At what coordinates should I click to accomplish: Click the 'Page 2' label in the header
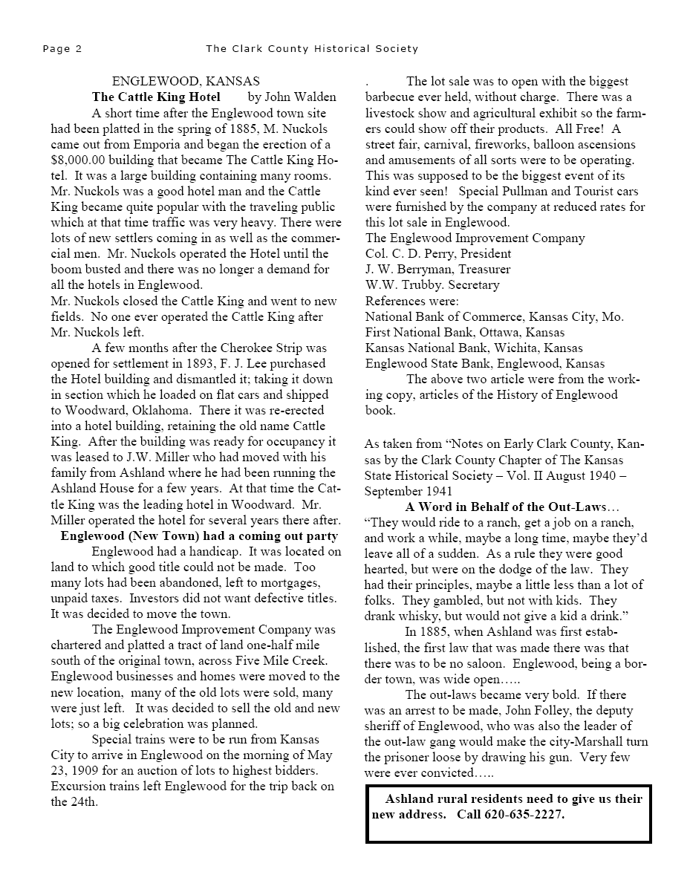coord(62,49)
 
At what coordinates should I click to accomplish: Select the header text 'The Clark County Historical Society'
coord(312,49)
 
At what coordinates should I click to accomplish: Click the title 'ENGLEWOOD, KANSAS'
coord(186,81)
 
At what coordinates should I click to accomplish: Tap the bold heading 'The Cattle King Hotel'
coord(156,97)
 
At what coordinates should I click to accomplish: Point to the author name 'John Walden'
coord(302,97)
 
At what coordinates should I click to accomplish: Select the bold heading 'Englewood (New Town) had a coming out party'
coord(199,536)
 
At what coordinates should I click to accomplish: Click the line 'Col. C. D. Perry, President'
coord(438,253)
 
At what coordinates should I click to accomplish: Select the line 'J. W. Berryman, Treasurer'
coord(437,269)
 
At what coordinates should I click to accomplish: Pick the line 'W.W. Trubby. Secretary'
coord(432,284)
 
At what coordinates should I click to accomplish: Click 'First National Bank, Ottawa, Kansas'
coord(464,332)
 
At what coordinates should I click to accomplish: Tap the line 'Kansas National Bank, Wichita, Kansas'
coord(474,348)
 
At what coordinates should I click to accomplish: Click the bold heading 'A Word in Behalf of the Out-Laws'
coord(505,507)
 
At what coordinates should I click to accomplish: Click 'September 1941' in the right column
coord(408,491)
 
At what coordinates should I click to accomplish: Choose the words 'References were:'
coord(411,301)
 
